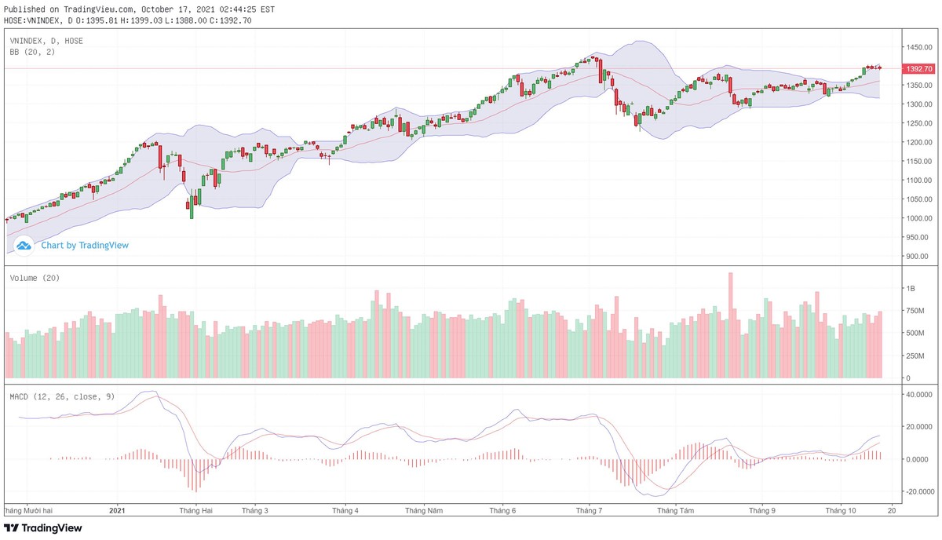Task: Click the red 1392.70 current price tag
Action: click(918, 69)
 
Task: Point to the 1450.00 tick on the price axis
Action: click(918, 48)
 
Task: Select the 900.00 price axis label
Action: click(918, 257)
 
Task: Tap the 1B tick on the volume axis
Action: click(911, 289)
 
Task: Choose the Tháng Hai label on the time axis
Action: click(196, 510)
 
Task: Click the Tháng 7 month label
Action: click(589, 510)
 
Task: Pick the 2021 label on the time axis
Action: click(117, 510)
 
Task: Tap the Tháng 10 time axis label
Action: click(841, 510)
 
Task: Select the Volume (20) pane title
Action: click(35, 278)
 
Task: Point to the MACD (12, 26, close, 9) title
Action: click(62, 396)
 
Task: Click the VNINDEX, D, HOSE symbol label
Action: click(46, 40)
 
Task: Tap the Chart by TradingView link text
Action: click(85, 245)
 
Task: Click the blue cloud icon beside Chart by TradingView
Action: click(24, 245)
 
